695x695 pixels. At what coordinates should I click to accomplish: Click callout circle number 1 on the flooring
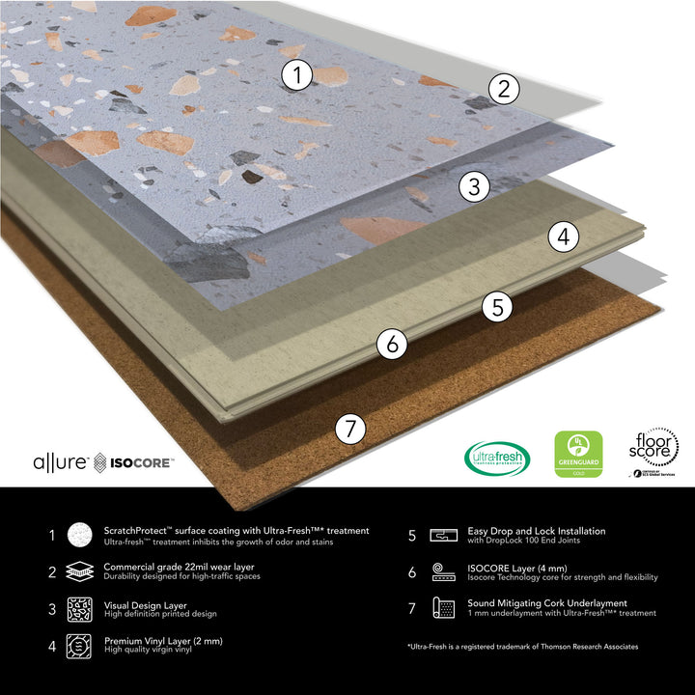click(298, 74)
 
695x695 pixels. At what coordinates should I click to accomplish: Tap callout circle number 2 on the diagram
click(502, 90)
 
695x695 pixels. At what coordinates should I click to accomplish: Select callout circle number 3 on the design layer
click(473, 187)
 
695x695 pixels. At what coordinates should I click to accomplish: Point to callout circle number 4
click(564, 235)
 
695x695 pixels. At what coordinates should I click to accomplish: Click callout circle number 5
click(497, 307)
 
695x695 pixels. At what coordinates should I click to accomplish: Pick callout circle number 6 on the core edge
click(391, 344)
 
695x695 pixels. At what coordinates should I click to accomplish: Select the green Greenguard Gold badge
click(578, 455)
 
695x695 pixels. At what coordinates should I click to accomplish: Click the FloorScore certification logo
click(654, 452)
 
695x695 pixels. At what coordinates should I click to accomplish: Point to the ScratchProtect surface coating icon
click(78, 535)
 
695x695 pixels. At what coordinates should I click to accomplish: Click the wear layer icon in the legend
click(78, 572)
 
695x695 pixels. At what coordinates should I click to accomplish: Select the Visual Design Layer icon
click(78, 610)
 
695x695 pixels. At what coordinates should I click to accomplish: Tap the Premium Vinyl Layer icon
click(78, 646)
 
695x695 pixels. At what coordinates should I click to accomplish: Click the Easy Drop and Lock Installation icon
click(444, 535)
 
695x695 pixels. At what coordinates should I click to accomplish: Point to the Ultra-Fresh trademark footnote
click(522, 646)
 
